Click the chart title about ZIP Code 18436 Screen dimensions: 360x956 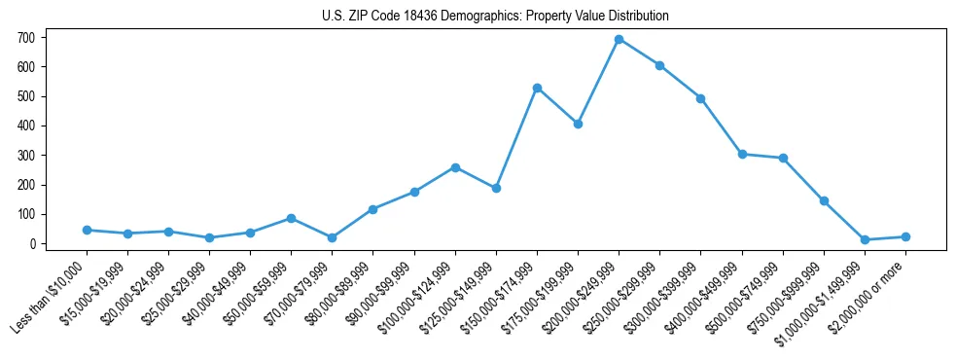click(x=495, y=16)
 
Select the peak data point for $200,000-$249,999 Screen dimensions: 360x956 click(x=620, y=40)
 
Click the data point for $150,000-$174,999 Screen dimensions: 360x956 click(x=537, y=88)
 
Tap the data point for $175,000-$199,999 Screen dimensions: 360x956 click(x=578, y=124)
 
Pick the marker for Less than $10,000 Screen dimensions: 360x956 click(x=87, y=230)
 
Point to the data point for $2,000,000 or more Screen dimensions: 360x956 click(x=905, y=236)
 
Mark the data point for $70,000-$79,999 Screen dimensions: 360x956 click(x=333, y=237)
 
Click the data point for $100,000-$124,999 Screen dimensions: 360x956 click(x=455, y=167)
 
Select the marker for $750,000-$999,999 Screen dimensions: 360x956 click(x=824, y=200)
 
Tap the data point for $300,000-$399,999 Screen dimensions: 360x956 click(x=701, y=98)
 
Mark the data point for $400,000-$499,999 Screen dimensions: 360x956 click(x=742, y=154)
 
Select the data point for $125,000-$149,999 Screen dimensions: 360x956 click(x=496, y=188)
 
